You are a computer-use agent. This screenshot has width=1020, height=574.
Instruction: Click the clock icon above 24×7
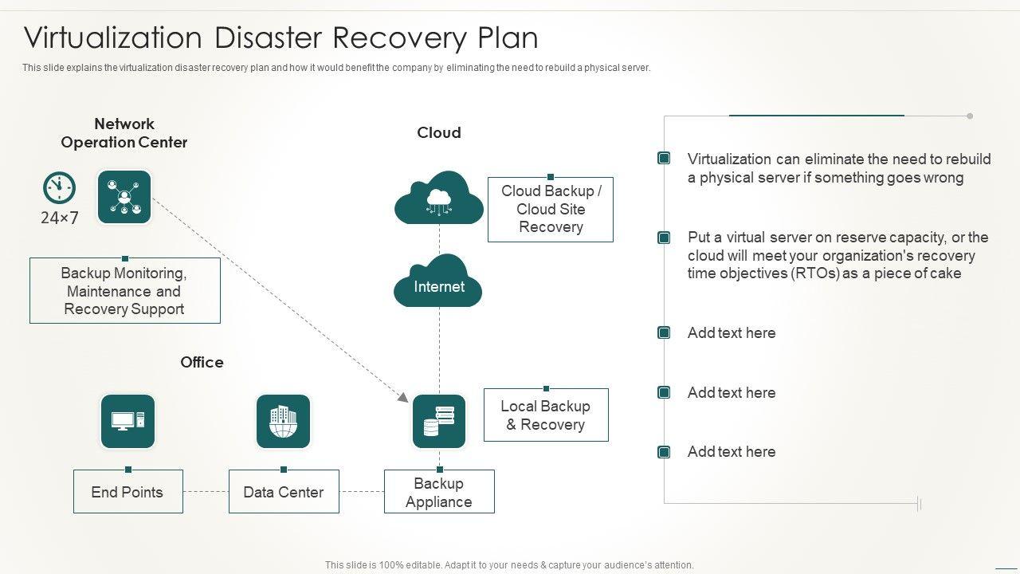(x=59, y=188)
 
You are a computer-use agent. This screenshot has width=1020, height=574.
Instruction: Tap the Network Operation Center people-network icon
(x=124, y=197)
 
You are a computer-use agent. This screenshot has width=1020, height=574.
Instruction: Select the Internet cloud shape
(x=438, y=282)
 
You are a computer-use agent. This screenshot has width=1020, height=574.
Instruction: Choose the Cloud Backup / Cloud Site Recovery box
(x=551, y=209)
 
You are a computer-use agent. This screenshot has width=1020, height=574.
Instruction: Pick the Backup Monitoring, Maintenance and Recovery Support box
(x=124, y=291)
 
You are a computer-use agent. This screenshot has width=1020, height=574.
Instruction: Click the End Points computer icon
(x=127, y=421)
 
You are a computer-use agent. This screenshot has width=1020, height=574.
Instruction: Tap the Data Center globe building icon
(x=283, y=421)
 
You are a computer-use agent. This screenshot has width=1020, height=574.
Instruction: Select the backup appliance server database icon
(x=439, y=421)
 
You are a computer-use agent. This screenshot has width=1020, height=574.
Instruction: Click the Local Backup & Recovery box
(x=546, y=415)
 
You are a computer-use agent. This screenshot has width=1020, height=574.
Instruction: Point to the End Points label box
(x=127, y=492)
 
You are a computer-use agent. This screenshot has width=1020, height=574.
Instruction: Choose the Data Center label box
(x=284, y=492)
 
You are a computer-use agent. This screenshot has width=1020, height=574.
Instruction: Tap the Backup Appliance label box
(x=439, y=492)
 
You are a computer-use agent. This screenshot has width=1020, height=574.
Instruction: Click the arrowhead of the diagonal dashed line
(x=403, y=396)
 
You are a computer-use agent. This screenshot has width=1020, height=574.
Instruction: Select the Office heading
(x=202, y=362)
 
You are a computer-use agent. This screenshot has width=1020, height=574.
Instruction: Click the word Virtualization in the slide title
(x=113, y=37)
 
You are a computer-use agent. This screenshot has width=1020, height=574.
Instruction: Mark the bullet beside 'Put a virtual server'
(x=664, y=238)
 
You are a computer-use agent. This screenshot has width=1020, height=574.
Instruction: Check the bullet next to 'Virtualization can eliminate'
(x=664, y=159)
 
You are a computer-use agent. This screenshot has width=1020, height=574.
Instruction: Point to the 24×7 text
(x=60, y=218)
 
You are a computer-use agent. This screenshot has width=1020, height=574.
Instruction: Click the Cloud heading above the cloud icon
(x=439, y=132)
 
